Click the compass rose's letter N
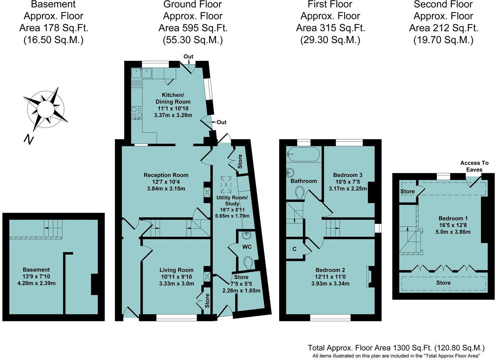tap(29, 139)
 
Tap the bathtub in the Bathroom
tap(303, 154)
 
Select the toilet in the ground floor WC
tap(249, 263)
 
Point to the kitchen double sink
tap(142, 73)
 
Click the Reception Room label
tap(166, 175)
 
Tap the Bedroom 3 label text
tap(348, 175)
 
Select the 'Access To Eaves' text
tap(474, 166)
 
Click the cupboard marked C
tap(295, 249)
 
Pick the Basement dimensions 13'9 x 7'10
tap(36, 276)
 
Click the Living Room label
tap(176, 270)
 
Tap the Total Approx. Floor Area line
tap(396, 348)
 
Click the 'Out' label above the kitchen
tap(188, 57)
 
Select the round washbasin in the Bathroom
tap(290, 172)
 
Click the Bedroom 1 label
tap(453, 219)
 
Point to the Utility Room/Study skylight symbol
tap(226, 185)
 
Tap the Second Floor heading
tap(443, 4)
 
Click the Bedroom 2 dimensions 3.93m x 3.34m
tap(330, 283)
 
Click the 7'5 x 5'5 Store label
tap(241, 284)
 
